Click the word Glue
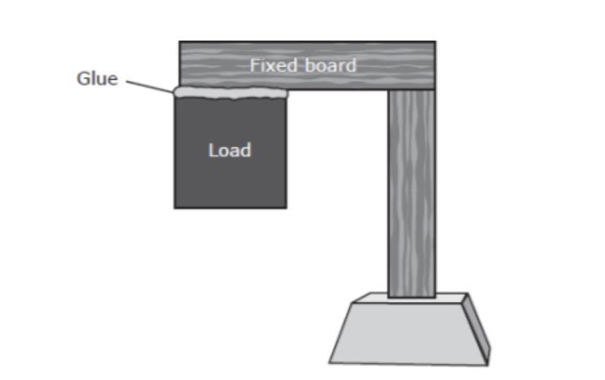[x=97, y=79]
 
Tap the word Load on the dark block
[x=229, y=151]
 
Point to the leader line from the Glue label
[x=150, y=86]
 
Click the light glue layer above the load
[x=230, y=93]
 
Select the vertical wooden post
[x=411, y=190]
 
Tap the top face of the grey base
[x=409, y=299]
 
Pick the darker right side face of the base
[x=477, y=329]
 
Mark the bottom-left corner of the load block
[x=175, y=208]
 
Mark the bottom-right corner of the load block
[x=286, y=208]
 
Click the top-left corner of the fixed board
[x=180, y=42]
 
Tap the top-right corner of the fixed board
[x=435, y=42]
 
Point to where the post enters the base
[x=411, y=296]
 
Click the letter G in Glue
[x=83, y=79]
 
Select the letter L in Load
[x=213, y=151]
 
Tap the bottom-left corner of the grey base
[x=330, y=362]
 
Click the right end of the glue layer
[x=286, y=93]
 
